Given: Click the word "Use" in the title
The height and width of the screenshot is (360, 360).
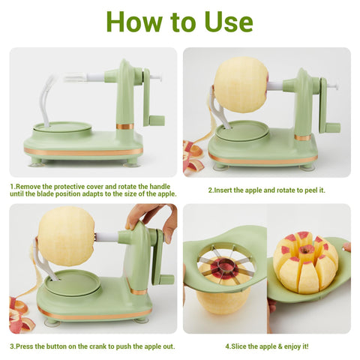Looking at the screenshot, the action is (x=229, y=22).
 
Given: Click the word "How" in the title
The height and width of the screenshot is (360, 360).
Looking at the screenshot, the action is (x=134, y=21).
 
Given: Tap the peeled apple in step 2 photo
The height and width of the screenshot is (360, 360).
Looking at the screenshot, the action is (x=241, y=84).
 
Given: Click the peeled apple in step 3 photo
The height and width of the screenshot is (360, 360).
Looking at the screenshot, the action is (x=66, y=236).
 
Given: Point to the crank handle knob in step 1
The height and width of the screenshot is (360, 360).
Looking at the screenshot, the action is (x=157, y=121).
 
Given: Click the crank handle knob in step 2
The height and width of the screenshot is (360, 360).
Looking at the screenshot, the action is (x=332, y=127).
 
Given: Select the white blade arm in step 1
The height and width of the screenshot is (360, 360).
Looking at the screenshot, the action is (x=46, y=100).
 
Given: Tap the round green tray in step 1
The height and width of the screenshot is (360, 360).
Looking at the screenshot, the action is (x=62, y=128).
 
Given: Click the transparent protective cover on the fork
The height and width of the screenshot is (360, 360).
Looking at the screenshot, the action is (x=76, y=77).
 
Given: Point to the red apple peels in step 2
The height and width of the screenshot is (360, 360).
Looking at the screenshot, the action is (x=193, y=157).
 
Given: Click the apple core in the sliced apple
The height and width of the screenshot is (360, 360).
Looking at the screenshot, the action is (x=307, y=250).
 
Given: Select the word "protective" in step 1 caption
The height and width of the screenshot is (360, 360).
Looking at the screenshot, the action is (x=70, y=187).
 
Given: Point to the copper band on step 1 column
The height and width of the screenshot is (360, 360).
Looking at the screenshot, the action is (x=124, y=126).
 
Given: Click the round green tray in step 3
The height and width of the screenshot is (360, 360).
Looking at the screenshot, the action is (x=73, y=283).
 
